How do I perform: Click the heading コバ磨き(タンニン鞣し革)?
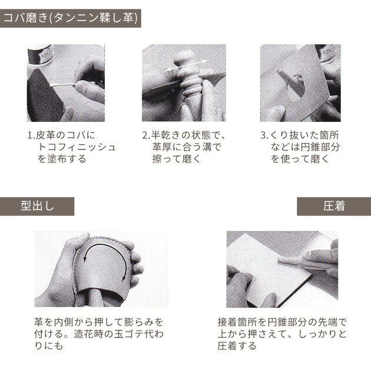[71, 18]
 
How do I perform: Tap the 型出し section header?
[37, 206]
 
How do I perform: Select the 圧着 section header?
[334, 206]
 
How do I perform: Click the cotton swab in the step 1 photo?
[62, 84]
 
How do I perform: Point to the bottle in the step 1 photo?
[40, 55]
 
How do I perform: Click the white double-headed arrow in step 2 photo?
[186, 65]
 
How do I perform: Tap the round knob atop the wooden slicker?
[185, 58]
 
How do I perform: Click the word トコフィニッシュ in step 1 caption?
[77, 147]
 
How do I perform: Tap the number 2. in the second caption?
[146, 135]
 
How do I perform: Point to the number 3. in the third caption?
[264, 135]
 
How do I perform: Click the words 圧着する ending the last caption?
[237, 346]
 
